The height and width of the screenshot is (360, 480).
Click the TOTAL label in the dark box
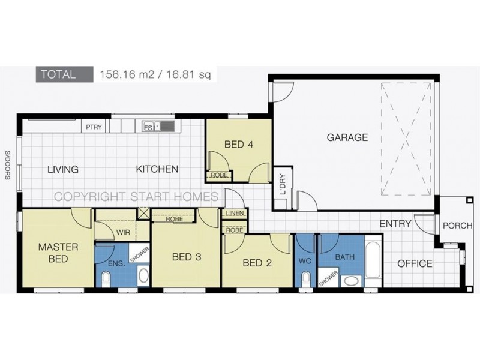pyautogui.click(x=58, y=75)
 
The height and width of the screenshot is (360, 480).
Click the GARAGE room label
pyautogui.click(x=347, y=137)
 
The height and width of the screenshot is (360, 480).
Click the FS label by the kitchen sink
pyautogui.click(x=147, y=127)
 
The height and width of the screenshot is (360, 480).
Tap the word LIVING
pyautogui.click(x=63, y=169)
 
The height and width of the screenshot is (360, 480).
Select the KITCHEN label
pyautogui.click(x=157, y=169)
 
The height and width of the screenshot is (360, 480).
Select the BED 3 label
pyautogui.click(x=186, y=257)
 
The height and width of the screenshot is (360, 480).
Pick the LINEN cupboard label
pyautogui.click(x=233, y=214)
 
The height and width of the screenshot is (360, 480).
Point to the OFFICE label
pyautogui.click(x=415, y=263)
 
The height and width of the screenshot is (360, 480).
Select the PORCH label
pyautogui.click(x=457, y=226)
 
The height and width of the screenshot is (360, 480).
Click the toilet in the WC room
pyautogui.click(x=305, y=279)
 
